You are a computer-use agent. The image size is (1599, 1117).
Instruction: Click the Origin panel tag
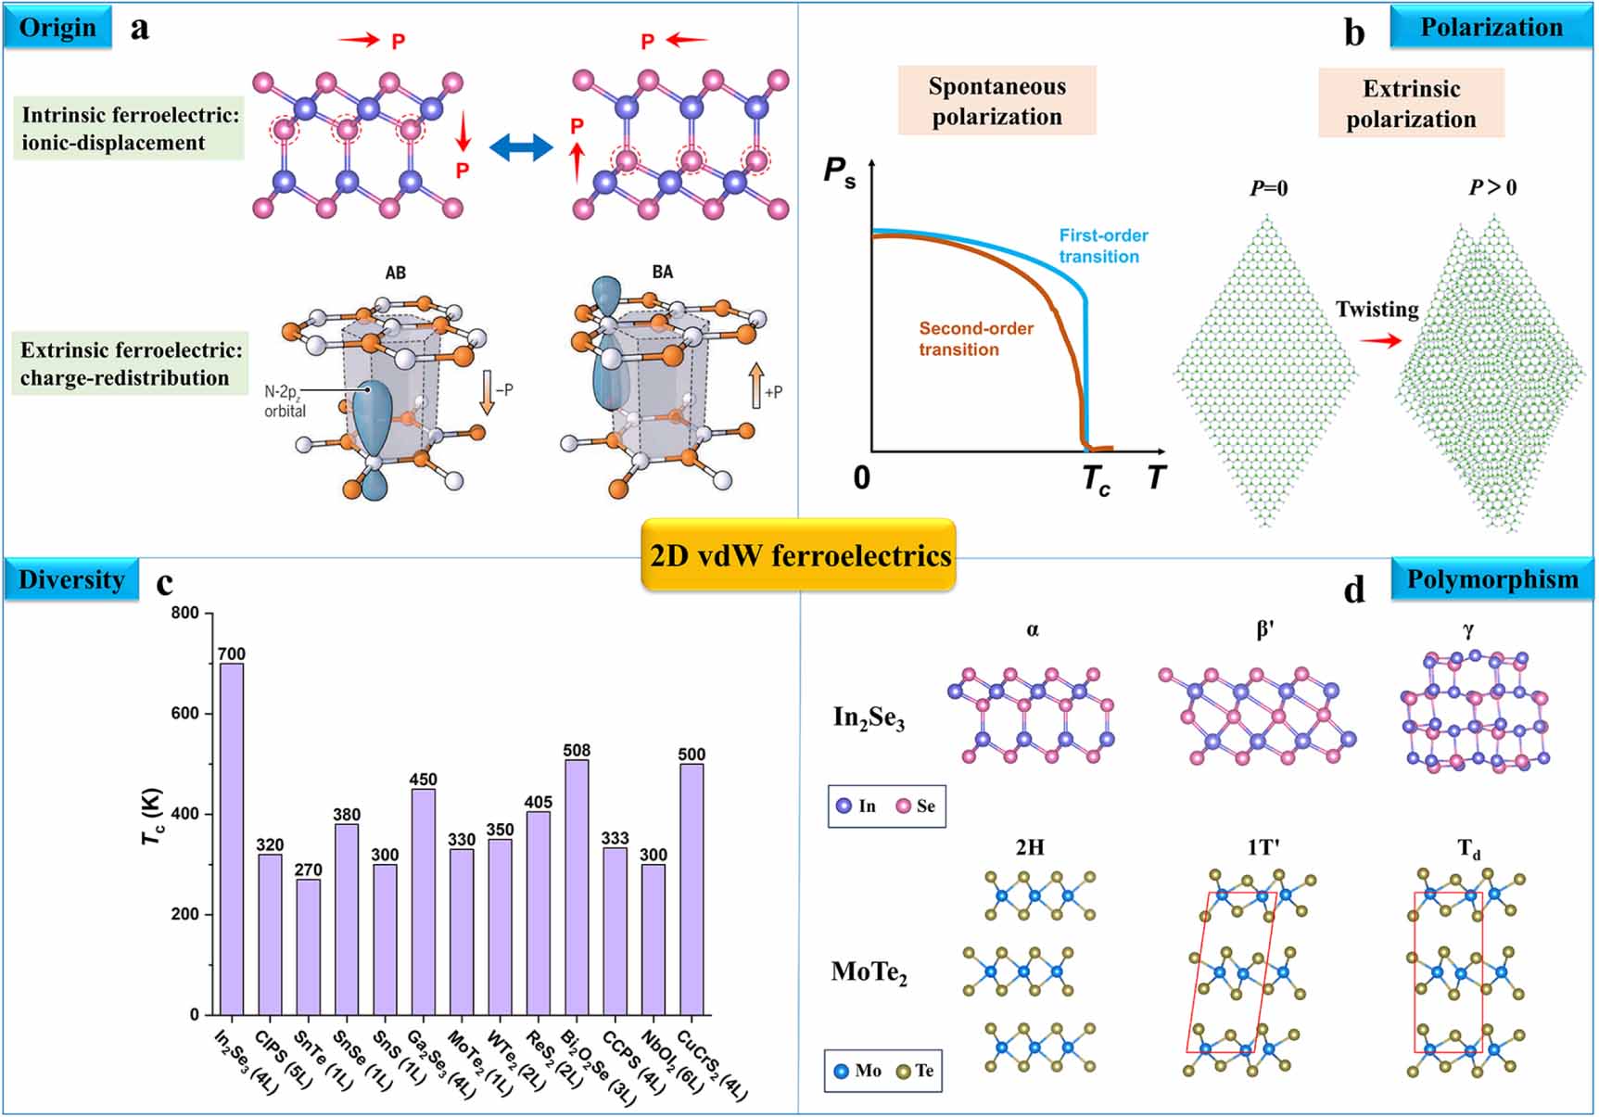[57, 28]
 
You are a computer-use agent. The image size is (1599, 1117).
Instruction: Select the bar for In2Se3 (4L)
[232, 838]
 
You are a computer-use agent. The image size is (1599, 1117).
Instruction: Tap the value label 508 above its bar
[577, 750]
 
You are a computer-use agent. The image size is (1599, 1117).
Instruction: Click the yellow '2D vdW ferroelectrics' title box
[799, 555]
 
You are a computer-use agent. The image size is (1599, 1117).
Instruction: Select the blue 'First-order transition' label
[1102, 246]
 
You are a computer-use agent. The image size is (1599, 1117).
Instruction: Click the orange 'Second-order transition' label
[975, 338]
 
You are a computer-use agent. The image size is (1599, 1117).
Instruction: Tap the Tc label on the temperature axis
[1096, 479]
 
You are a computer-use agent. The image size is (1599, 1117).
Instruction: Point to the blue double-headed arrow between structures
[520, 147]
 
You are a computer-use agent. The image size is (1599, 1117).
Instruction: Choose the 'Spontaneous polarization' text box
[996, 101]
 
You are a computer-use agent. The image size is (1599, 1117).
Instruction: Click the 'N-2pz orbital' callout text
[286, 401]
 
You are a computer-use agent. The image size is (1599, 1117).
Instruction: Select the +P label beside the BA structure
[773, 392]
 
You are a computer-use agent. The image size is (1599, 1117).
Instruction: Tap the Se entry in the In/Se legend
[916, 806]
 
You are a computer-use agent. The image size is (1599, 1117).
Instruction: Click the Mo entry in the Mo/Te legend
[857, 1071]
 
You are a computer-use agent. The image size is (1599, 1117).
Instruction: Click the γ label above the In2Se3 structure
[1468, 630]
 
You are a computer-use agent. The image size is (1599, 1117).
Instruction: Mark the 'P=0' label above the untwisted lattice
[1268, 188]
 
